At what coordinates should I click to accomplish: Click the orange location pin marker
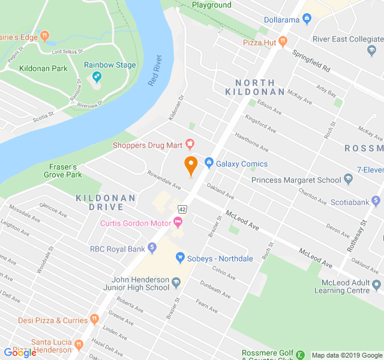[x=191, y=165]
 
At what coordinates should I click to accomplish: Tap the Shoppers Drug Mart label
[x=148, y=145]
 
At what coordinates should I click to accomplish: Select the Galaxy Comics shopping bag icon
[x=209, y=162]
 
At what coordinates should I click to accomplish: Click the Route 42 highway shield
[x=182, y=209]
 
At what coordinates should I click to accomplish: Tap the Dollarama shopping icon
[x=307, y=20]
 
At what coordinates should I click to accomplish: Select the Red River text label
[x=155, y=71]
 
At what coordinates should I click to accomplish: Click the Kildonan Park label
[x=43, y=68]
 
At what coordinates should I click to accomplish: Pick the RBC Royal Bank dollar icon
[x=152, y=247]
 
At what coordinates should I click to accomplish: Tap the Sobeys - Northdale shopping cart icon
[x=179, y=258]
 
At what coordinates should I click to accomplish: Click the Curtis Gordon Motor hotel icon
[x=178, y=223]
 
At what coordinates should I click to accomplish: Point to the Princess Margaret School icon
[x=349, y=179]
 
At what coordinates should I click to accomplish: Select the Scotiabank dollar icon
[x=376, y=201]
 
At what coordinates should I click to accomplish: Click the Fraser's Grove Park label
[x=62, y=170]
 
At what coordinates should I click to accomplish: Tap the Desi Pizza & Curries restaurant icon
[x=94, y=319]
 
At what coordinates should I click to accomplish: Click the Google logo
[x=20, y=353]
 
